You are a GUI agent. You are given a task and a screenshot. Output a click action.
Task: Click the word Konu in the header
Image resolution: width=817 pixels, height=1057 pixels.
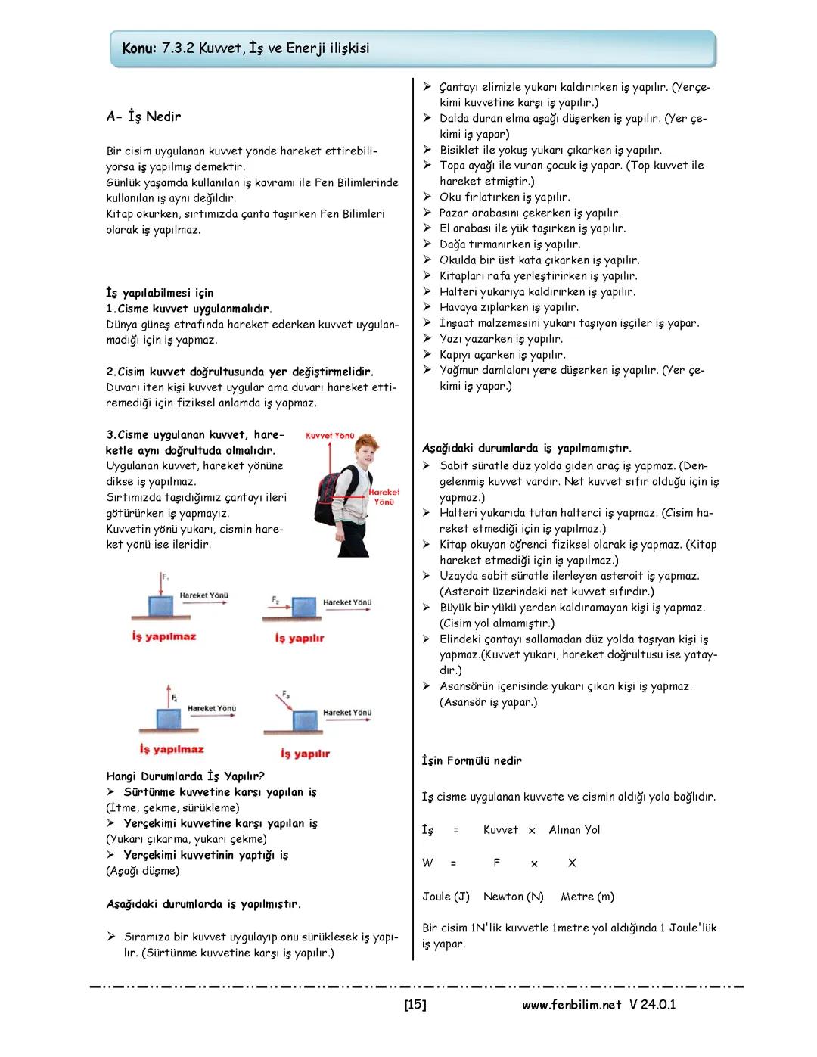point(139,48)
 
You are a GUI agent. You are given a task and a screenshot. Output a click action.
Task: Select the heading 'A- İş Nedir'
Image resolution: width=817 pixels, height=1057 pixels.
point(144,117)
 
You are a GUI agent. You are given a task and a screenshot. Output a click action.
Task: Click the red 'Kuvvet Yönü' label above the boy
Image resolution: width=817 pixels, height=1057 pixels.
point(330,436)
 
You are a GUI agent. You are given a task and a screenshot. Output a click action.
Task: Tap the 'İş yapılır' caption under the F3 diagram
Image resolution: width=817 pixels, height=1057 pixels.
point(305,754)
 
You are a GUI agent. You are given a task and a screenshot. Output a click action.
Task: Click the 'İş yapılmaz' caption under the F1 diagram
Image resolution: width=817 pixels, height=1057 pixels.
point(163,636)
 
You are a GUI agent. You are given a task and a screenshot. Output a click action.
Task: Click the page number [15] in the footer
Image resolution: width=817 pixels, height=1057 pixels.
point(415,1005)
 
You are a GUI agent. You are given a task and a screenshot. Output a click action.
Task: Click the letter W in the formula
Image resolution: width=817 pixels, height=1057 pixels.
point(428,863)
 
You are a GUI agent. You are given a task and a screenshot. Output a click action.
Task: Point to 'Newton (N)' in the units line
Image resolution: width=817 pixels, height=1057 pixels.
point(513,897)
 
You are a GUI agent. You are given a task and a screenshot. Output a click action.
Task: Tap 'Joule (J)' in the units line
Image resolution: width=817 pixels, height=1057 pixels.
point(446,897)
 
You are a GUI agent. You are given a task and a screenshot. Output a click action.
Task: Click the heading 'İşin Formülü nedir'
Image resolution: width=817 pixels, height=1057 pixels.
point(471,760)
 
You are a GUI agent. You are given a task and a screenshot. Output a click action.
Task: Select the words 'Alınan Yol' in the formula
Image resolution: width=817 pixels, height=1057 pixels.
point(574,830)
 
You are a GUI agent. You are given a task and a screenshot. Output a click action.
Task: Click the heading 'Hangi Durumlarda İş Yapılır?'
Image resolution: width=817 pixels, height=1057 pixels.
point(185,776)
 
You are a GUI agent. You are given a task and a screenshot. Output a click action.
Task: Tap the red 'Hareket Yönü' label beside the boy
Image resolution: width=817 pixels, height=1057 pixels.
point(384,496)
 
